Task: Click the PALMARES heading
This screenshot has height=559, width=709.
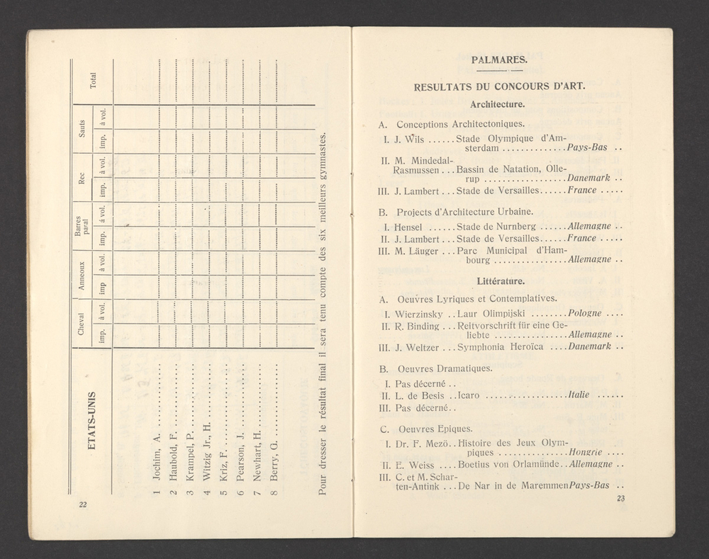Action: (x=498, y=60)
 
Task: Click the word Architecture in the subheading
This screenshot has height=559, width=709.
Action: (x=497, y=104)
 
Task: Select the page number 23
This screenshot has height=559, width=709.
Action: (x=620, y=499)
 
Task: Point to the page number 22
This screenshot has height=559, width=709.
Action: (x=82, y=504)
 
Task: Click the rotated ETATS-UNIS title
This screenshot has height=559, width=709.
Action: (x=92, y=418)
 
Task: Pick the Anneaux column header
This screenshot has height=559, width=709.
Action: (x=82, y=275)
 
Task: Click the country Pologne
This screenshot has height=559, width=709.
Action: (x=585, y=313)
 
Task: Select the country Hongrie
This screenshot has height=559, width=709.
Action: (x=586, y=452)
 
